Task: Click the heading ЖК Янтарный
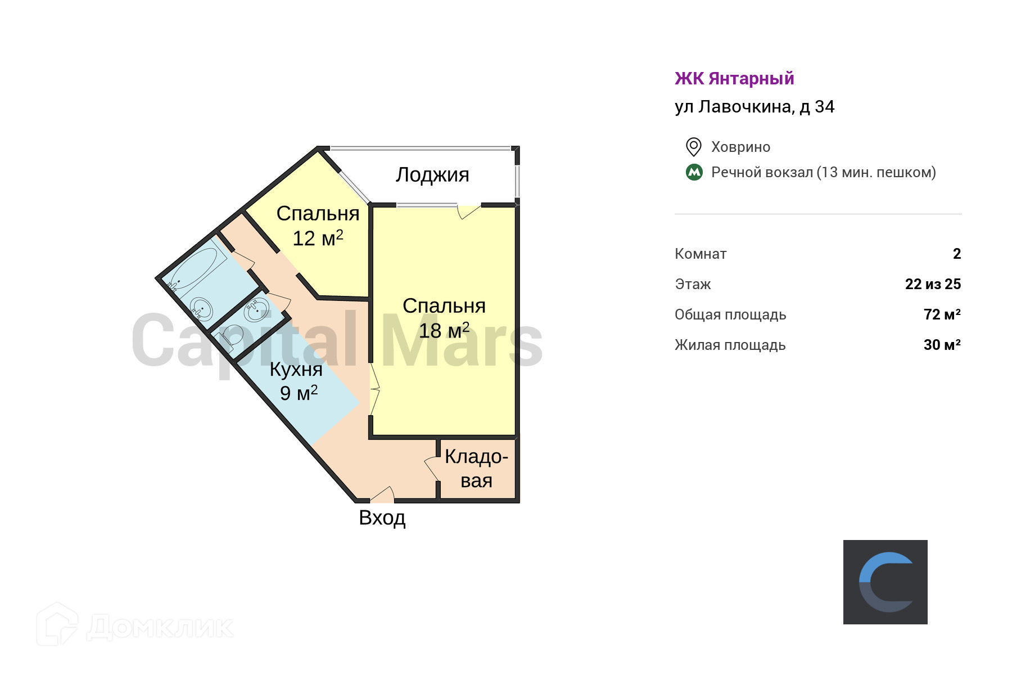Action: pos(734,79)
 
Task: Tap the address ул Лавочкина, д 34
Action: pos(755,107)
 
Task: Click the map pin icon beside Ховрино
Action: pos(693,147)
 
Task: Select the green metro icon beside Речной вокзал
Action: pos(694,172)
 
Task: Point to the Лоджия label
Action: pos(432,175)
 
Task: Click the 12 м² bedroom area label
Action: pos(318,238)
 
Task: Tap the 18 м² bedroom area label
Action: pos(444,331)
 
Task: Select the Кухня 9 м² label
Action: pos(296,381)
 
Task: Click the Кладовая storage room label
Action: pos(476,469)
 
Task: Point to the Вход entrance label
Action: pos(382,517)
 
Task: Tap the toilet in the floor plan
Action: pos(230,337)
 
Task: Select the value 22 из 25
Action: pos(933,284)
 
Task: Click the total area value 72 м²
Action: pos(942,314)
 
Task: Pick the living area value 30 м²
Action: pos(942,345)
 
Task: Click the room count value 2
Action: pos(957,254)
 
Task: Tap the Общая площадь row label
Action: pos(730,314)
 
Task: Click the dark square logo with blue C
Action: pos(885,582)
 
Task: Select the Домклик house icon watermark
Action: pos(57,624)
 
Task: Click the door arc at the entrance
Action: pos(382,494)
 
